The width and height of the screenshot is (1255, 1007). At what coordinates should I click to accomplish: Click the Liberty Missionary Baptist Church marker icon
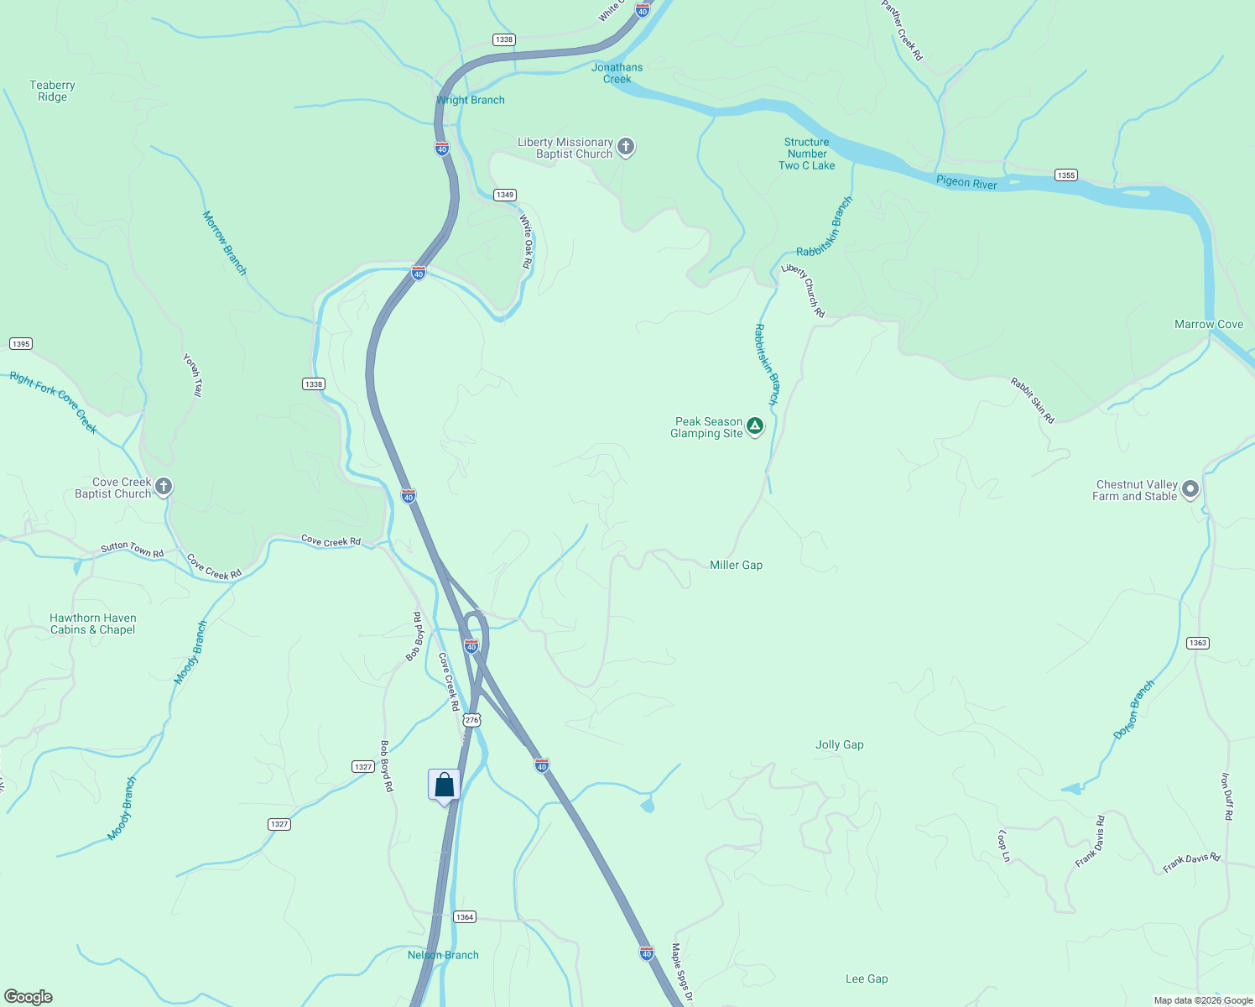click(x=625, y=147)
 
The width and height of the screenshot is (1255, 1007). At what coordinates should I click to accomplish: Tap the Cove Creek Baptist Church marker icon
click(x=164, y=487)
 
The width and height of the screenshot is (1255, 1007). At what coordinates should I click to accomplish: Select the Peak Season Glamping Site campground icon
click(x=755, y=426)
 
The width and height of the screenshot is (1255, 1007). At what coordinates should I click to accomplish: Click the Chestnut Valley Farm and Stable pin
click(x=1190, y=489)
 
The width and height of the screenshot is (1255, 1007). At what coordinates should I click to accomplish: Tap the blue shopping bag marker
click(x=444, y=785)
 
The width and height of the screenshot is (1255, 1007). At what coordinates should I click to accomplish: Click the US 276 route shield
click(x=471, y=720)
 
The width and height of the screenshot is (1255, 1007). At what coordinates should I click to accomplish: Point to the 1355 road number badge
click(x=1065, y=175)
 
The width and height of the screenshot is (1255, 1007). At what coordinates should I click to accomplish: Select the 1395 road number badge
click(x=20, y=343)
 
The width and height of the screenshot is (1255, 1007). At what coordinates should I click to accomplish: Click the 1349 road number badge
click(x=504, y=195)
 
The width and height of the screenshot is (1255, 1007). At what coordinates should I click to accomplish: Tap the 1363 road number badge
click(x=1197, y=643)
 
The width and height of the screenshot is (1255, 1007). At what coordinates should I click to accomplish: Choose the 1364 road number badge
click(x=465, y=916)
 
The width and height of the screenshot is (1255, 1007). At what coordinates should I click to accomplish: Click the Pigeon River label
click(x=966, y=182)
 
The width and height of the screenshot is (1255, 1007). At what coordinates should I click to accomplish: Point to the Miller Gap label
click(x=736, y=565)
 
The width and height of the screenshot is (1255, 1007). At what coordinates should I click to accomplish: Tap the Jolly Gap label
click(x=839, y=744)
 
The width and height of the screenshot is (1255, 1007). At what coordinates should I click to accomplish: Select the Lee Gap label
click(x=867, y=978)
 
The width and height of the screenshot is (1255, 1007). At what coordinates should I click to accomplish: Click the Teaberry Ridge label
click(x=52, y=91)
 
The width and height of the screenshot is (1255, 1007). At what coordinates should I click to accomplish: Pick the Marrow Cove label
click(x=1208, y=324)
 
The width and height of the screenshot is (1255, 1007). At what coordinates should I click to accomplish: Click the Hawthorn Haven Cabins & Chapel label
click(x=92, y=624)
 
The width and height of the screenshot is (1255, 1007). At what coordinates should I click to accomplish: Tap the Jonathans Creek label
click(x=617, y=73)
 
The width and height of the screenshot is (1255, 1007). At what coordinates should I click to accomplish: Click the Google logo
click(x=29, y=997)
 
